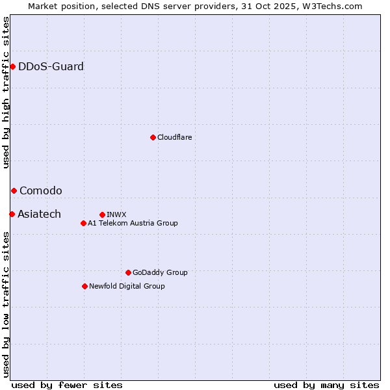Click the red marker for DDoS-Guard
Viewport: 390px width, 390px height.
12,66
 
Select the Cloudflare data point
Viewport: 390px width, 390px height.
153,137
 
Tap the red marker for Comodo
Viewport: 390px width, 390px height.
14,190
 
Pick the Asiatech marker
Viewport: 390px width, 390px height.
12,214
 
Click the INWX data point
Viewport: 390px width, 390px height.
102,214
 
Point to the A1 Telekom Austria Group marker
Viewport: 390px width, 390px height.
83,223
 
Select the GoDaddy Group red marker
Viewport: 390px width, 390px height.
128,272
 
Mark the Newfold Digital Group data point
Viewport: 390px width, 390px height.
84,286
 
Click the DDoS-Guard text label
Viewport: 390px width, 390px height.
51,66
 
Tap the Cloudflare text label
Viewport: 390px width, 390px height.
174,137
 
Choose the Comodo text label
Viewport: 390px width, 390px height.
41,190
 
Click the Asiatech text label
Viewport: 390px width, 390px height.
39,214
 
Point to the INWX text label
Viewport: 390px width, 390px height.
116,214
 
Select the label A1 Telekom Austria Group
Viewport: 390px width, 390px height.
133,223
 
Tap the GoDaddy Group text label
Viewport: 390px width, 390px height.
160,272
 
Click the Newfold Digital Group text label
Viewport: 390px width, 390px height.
127,286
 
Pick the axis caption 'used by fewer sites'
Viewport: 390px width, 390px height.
67,385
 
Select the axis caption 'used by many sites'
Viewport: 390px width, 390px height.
326,385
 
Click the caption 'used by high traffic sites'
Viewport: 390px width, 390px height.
6,92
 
